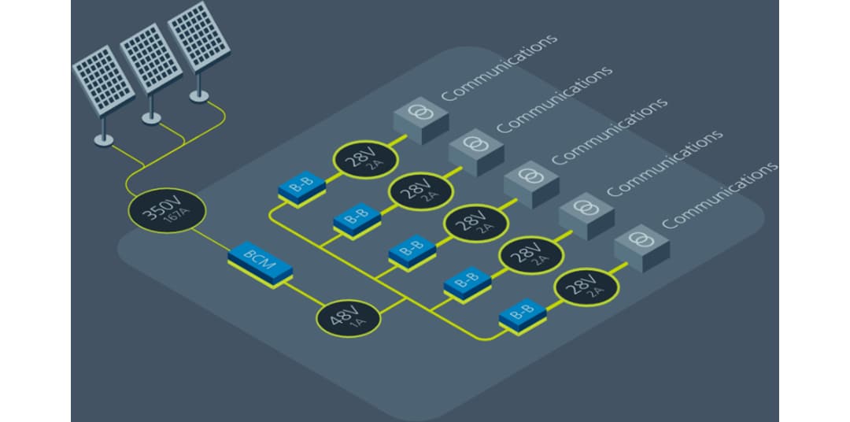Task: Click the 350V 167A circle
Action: coord(168,213)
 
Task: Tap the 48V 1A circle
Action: coord(348,317)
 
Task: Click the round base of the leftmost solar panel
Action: coord(103,139)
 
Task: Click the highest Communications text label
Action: coord(499,67)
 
